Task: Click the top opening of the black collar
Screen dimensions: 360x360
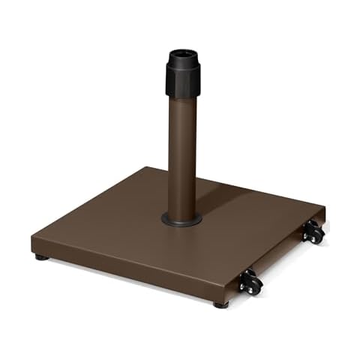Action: [x=181, y=55]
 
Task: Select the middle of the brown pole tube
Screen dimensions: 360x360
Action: [x=181, y=150]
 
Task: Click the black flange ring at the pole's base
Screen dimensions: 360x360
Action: [x=181, y=219]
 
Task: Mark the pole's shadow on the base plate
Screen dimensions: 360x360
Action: [x=225, y=195]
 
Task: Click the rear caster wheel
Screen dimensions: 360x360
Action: [x=313, y=235]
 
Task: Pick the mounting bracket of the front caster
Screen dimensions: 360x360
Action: [x=245, y=274]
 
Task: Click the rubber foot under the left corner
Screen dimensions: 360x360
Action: [x=41, y=257]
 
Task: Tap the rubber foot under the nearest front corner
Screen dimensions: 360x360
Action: [x=220, y=304]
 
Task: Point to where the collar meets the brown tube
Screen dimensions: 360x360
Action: [x=181, y=96]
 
